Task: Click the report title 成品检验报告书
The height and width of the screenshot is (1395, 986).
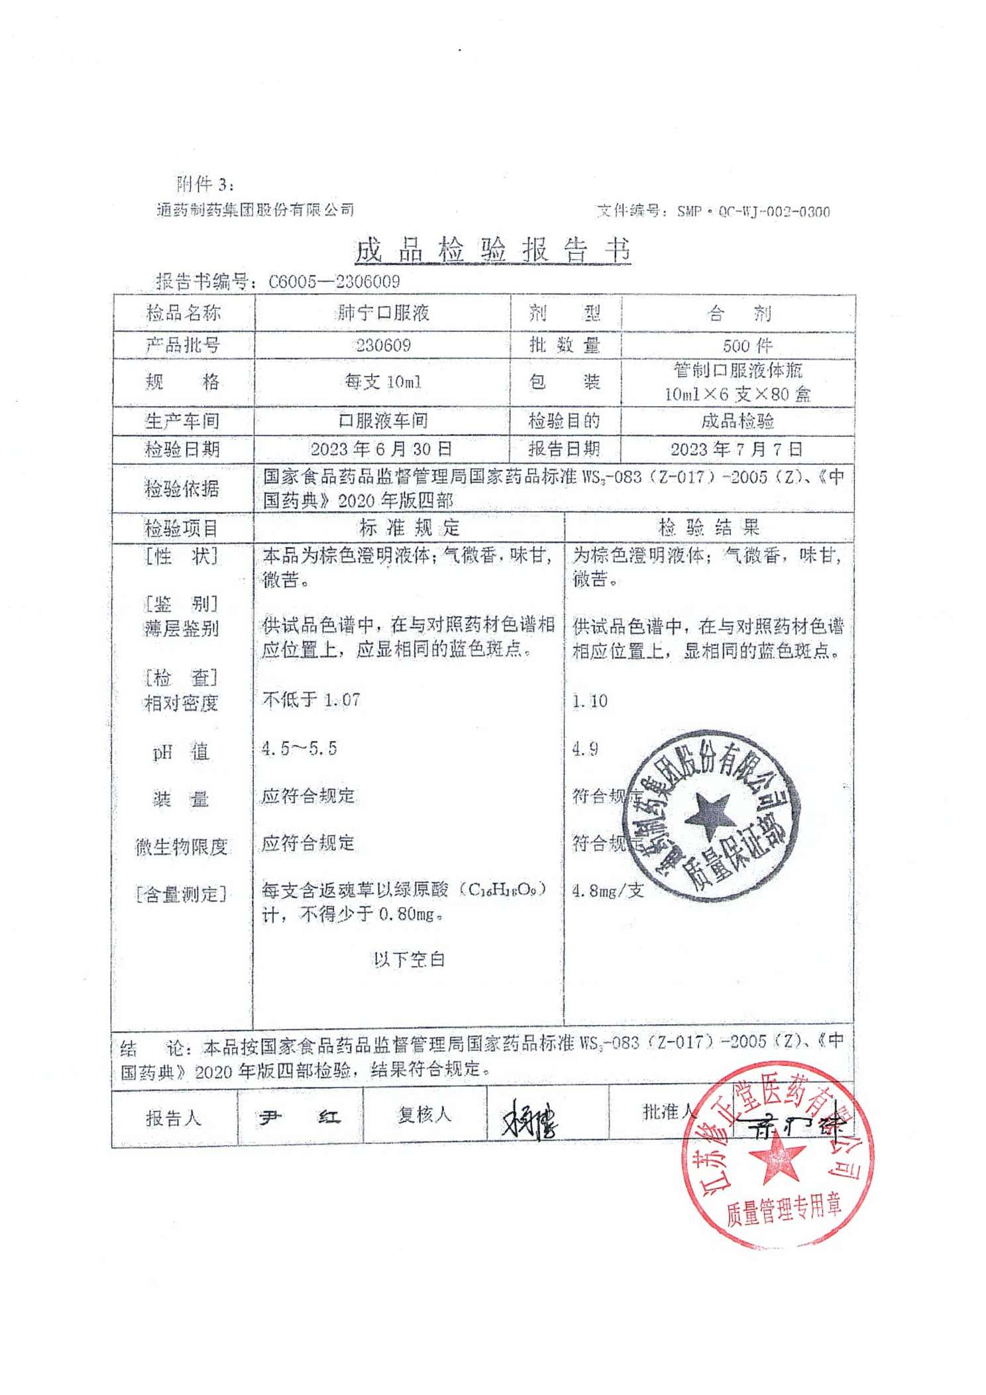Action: pyautogui.click(x=492, y=251)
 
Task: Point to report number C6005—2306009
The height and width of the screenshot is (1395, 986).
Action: pyautogui.click(x=334, y=282)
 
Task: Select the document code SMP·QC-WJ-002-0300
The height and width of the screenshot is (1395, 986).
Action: pyautogui.click(x=753, y=211)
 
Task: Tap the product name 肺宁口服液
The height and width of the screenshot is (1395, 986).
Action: pyautogui.click(x=383, y=313)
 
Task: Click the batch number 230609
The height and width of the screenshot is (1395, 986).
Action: pyautogui.click(x=383, y=345)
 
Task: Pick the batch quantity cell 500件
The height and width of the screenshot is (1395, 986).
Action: pyautogui.click(x=747, y=345)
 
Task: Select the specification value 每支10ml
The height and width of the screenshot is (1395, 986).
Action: pyautogui.click(x=383, y=382)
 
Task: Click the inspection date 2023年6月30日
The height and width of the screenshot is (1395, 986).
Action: pyautogui.click(x=381, y=449)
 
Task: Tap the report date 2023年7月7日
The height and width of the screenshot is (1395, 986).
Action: pyautogui.click(x=736, y=449)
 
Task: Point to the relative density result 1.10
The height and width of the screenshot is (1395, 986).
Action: pyautogui.click(x=590, y=701)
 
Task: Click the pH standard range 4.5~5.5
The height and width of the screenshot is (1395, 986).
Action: pyautogui.click(x=299, y=749)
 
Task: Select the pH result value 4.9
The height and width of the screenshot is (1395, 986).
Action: pyautogui.click(x=585, y=749)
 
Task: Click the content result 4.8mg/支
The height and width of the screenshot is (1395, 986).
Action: pyautogui.click(x=608, y=891)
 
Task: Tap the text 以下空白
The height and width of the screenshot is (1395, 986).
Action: pyautogui.click(x=409, y=959)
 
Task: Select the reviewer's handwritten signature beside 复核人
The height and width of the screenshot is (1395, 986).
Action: pyautogui.click(x=530, y=1118)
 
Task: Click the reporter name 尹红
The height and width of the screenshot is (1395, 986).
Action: pyautogui.click(x=300, y=1118)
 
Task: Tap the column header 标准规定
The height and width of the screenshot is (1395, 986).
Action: pyautogui.click(x=409, y=528)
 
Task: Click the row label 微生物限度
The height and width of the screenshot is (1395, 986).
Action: pyautogui.click(x=182, y=846)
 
